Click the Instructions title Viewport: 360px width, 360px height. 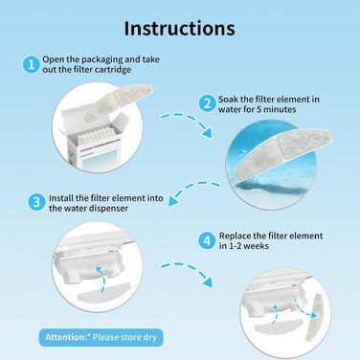coord(179,28)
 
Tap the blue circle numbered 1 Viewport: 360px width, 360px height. coord(32,64)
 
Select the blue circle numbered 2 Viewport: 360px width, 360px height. coord(208,103)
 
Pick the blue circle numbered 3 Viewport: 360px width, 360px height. coord(36,202)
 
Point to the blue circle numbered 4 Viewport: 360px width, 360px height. coord(208,240)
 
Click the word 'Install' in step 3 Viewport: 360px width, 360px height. coord(61,198)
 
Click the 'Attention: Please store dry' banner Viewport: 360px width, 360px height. coord(101,337)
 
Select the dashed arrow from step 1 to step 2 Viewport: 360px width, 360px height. coord(189,121)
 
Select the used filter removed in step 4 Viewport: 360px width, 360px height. coord(313,317)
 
